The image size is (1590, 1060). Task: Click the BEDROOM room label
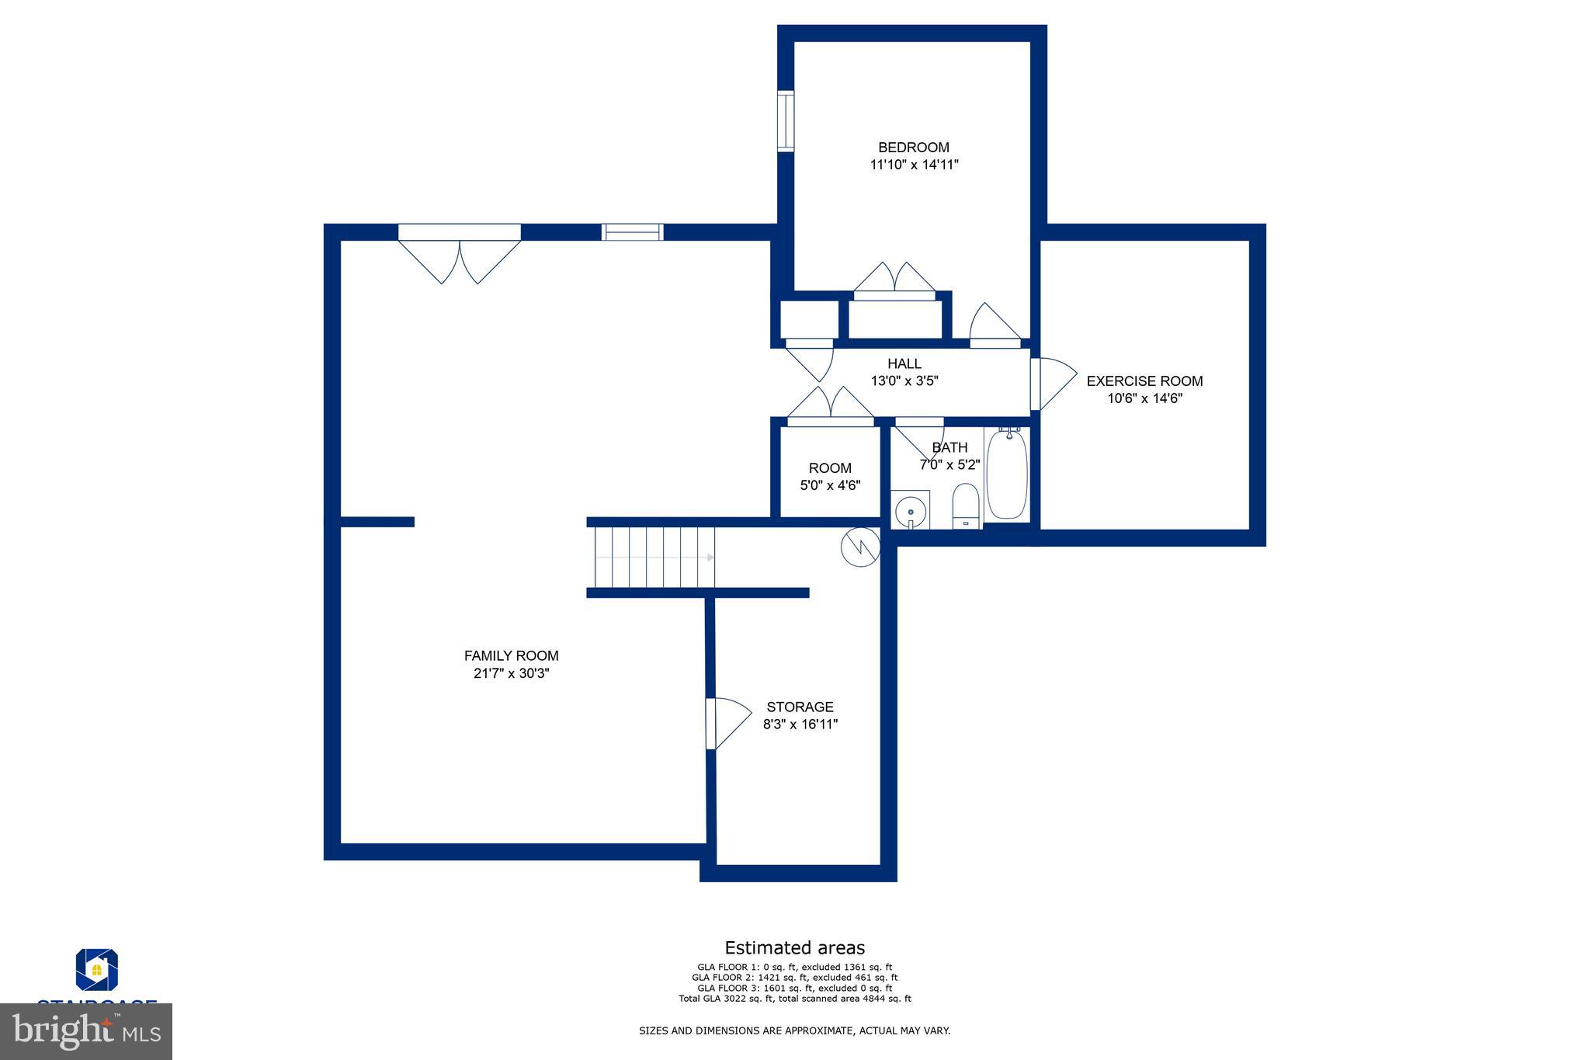pyautogui.click(x=913, y=148)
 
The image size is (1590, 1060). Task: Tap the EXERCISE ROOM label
pyautogui.click(x=1144, y=381)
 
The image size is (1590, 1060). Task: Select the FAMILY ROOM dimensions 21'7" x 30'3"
pyautogui.click(x=511, y=673)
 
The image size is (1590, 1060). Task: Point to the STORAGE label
pyautogui.click(x=800, y=707)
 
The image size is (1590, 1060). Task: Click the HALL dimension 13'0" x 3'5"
pyautogui.click(x=904, y=381)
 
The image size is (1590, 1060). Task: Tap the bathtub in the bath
pyautogui.click(x=1007, y=474)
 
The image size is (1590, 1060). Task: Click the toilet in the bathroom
pyautogui.click(x=966, y=506)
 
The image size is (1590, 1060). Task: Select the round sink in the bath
pyautogui.click(x=910, y=511)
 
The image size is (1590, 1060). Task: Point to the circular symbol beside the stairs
pyautogui.click(x=859, y=547)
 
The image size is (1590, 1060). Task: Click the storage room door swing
pyautogui.click(x=728, y=723)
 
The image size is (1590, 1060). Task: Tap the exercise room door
pyautogui.click(x=1052, y=383)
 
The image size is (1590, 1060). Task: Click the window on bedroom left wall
pyautogui.click(x=786, y=120)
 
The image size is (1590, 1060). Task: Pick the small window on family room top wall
pyautogui.click(x=633, y=231)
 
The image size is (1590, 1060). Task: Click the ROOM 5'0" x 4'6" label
pyautogui.click(x=830, y=477)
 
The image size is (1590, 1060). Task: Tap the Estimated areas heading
pyautogui.click(x=794, y=947)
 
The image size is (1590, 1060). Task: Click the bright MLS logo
pyautogui.click(x=86, y=1032)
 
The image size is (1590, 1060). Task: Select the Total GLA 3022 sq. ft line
pyautogui.click(x=794, y=999)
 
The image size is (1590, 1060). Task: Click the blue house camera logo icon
pyautogui.click(x=96, y=969)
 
